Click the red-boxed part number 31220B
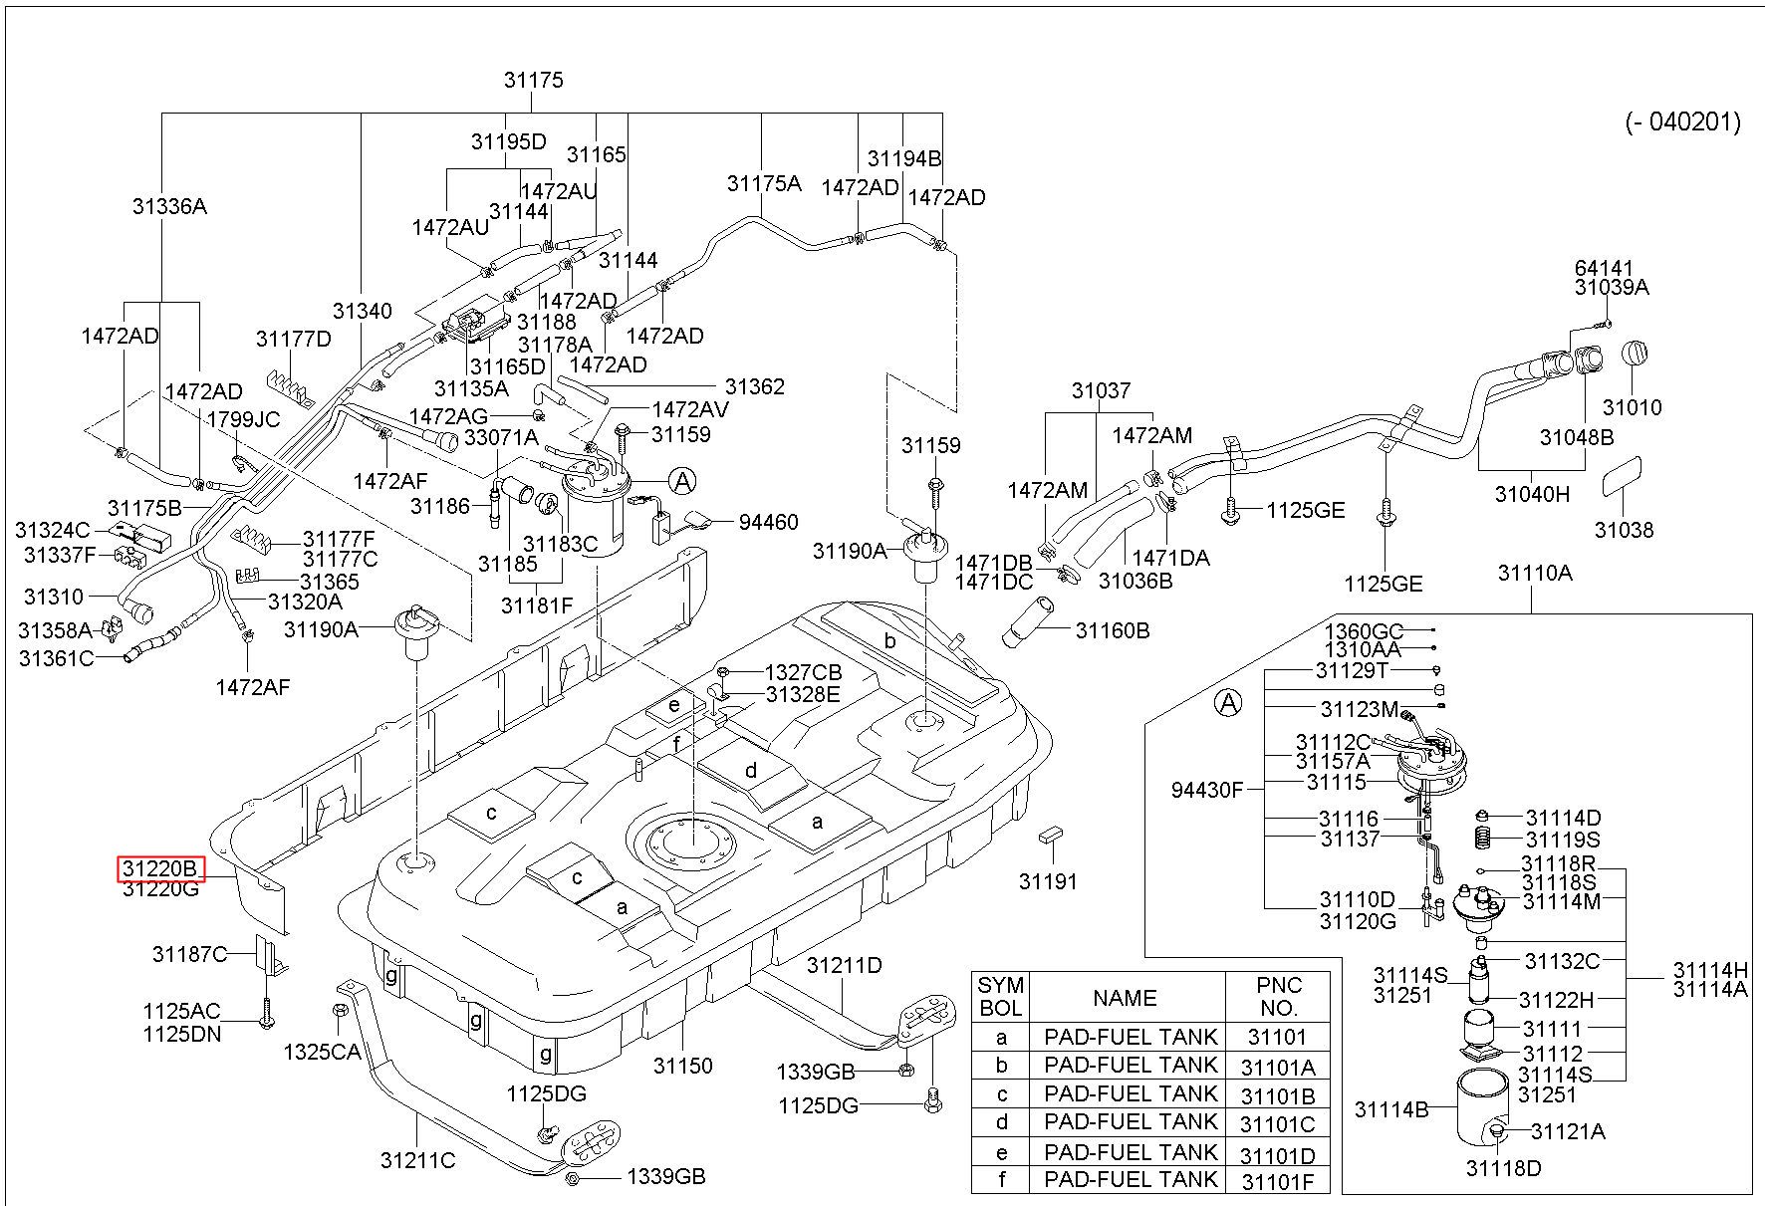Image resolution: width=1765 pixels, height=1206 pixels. pos(161,869)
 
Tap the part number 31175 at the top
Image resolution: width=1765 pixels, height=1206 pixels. pos(534,80)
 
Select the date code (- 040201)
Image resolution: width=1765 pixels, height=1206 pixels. pos(1683,122)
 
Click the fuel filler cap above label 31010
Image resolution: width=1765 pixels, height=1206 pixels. pos(1638,356)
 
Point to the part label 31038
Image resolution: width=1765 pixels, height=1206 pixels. pos(1625,530)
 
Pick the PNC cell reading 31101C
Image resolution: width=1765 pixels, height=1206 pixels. pos(1278,1124)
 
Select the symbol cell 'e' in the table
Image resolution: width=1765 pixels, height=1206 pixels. pos(1001,1152)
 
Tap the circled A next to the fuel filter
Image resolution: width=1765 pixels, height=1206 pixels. pos(682,482)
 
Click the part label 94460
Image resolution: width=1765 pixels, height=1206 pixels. pos(768,522)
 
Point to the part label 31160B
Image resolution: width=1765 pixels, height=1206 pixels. pos(1113,630)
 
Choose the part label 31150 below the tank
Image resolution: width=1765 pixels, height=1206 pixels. pos(683,1066)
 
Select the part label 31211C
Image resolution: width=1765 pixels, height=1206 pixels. pos(417,1160)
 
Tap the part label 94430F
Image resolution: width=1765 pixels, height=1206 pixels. pos(1207,791)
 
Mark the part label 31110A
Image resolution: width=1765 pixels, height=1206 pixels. pos(1535,573)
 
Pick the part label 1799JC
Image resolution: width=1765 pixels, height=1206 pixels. pos(243,419)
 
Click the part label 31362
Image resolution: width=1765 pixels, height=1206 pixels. pos(755,386)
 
